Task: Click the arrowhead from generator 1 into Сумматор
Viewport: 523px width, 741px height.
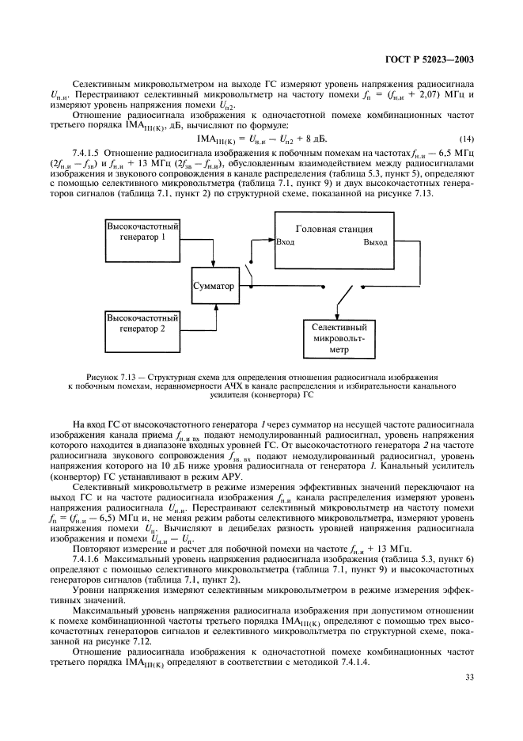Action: (x=215, y=268)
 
